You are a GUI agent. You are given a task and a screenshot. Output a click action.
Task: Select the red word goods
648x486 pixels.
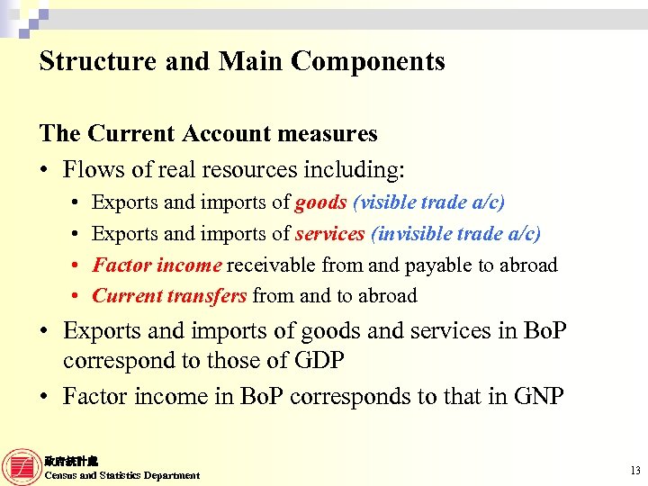pos(320,203)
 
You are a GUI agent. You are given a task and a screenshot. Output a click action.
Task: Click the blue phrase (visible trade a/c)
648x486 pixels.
pos(428,203)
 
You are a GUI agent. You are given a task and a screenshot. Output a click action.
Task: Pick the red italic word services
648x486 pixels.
pos(329,234)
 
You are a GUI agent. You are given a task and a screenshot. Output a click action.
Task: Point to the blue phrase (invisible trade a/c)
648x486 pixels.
pos(455,234)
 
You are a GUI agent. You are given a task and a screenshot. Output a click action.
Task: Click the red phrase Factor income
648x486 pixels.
pos(157,265)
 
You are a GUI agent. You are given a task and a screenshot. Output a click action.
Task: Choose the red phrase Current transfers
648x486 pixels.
pos(169,296)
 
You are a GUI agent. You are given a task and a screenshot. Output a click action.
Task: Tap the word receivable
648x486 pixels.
pos(268,265)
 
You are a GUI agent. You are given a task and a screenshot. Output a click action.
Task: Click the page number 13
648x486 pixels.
pos(635,471)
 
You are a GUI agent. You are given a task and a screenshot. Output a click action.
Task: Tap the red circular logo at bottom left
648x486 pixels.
pos(22,467)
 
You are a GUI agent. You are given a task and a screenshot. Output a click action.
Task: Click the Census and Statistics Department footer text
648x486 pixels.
pos(122,475)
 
